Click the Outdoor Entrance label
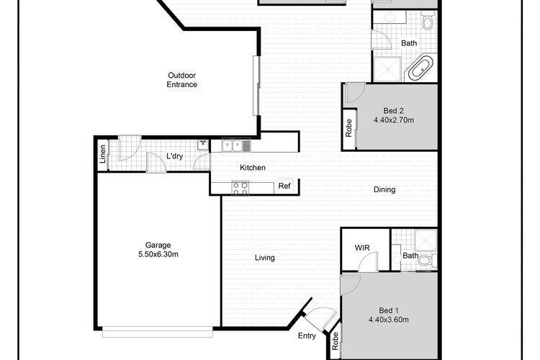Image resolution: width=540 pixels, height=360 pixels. tap(182, 80)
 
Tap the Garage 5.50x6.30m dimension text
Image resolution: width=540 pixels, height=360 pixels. tap(158, 255)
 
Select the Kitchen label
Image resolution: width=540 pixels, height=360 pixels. tap(253, 168)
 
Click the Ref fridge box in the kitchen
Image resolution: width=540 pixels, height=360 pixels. tap(285, 186)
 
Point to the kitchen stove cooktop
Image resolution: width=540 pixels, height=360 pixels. tap(240, 188)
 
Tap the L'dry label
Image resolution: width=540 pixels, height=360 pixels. tap(175, 156)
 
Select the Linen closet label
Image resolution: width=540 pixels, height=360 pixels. tap(103, 154)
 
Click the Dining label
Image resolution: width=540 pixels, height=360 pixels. tap(384, 189)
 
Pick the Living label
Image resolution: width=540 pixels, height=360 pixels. tap(264, 258)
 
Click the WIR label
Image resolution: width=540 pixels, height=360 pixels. tap(362, 248)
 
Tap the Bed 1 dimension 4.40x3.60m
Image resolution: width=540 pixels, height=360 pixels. tap(389, 320)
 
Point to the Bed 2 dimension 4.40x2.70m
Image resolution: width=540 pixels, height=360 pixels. tap(394, 120)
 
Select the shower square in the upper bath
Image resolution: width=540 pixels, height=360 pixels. tap(387, 69)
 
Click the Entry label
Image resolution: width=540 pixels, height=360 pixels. tap(307, 336)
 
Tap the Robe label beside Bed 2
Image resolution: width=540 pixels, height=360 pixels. tap(349, 128)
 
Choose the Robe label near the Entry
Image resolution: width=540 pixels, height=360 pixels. tap(336, 341)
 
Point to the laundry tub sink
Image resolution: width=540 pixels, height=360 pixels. tap(203, 145)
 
